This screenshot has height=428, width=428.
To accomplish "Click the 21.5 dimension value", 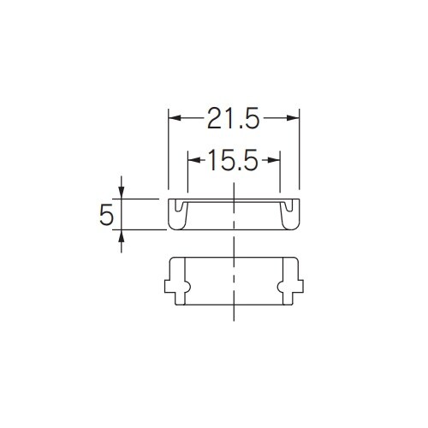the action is (234, 118).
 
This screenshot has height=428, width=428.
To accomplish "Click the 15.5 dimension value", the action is (234, 160).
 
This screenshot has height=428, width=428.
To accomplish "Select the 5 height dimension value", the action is (106, 214).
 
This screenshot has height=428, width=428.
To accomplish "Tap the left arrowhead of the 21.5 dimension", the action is (175, 118).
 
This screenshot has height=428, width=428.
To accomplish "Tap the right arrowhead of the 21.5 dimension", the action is (293, 118).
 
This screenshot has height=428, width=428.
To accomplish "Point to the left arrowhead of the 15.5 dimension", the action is (194, 160).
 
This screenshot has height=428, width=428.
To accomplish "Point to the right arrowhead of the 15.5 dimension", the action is (274, 160).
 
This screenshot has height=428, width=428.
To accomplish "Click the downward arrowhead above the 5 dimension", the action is (122, 192).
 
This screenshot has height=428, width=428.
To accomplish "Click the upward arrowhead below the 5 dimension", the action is (122, 236).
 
